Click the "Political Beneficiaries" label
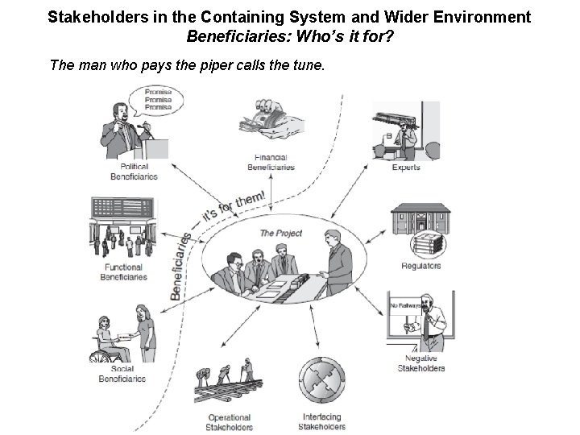[x=134, y=172]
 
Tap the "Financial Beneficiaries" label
[x=270, y=163]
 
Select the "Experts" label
[x=406, y=168]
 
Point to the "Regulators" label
[x=420, y=267]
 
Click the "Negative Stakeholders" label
[x=420, y=363]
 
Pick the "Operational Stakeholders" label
[x=230, y=422]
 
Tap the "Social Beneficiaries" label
[x=122, y=374]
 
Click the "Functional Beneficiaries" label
[x=123, y=272]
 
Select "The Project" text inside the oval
[x=280, y=234]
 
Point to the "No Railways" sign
[x=406, y=306]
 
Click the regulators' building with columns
[x=421, y=221]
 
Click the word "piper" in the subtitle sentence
[x=213, y=64]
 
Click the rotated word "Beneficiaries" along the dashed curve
[x=180, y=266]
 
